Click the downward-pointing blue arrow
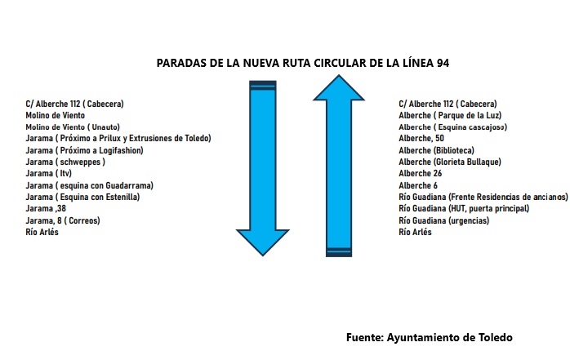click(x=263, y=168)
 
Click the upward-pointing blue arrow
click(x=339, y=166)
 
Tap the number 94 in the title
click(x=443, y=63)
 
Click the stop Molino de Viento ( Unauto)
click(x=73, y=127)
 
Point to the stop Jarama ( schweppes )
click(x=65, y=162)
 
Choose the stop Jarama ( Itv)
click(x=49, y=174)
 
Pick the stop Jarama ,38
click(x=46, y=208)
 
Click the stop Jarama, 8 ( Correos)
click(x=63, y=220)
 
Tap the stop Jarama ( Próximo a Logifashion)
click(x=84, y=150)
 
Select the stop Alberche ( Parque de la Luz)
click(x=450, y=116)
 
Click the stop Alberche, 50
click(x=421, y=139)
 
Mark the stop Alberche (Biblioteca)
click(x=437, y=150)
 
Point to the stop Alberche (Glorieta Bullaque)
click(x=450, y=162)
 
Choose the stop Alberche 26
click(x=421, y=174)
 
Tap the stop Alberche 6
click(x=418, y=185)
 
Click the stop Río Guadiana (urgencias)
click(x=444, y=220)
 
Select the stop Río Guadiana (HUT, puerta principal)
click(x=464, y=208)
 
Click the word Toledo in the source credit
click(x=495, y=337)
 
